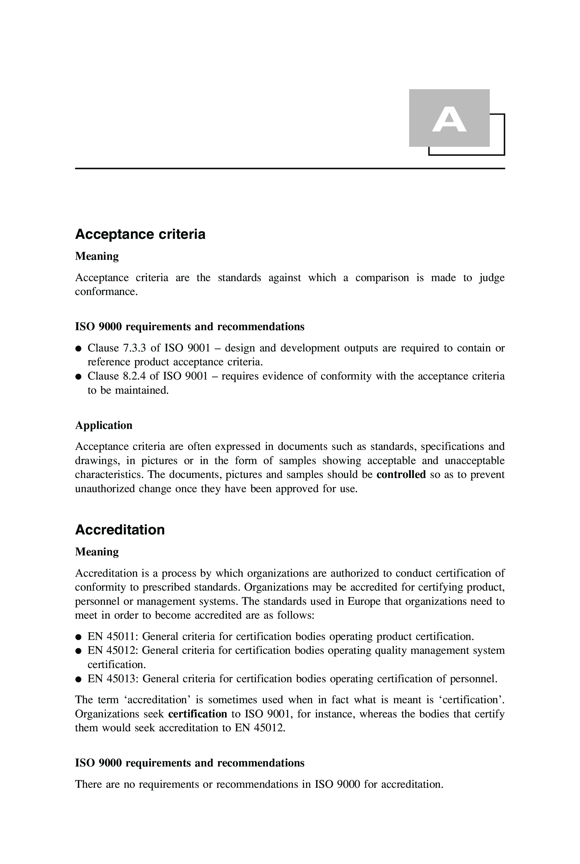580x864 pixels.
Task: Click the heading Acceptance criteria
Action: click(140, 235)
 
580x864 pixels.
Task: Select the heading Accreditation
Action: click(120, 530)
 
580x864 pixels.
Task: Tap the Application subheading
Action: click(104, 425)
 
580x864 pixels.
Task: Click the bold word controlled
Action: click(401, 475)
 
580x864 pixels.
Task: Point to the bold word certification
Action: click(198, 714)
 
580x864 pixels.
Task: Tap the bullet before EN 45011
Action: click(78, 637)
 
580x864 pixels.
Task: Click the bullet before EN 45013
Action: click(78, 679)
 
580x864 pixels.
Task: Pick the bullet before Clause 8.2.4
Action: click(78, 377)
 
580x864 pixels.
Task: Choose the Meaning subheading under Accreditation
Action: click(97, 552)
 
